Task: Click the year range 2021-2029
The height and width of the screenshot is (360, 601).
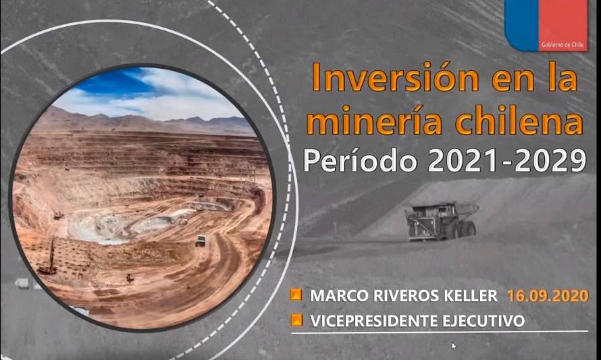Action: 506,160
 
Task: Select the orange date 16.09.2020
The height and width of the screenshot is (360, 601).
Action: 548,296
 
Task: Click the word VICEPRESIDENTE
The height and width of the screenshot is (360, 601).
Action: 374,321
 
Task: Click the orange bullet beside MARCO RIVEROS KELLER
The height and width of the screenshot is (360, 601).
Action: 296,295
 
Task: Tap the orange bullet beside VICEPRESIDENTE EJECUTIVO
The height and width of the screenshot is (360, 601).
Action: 296,319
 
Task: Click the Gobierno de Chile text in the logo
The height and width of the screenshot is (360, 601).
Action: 563,45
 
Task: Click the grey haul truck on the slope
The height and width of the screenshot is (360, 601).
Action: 442,222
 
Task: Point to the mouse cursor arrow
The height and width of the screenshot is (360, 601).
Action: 454,346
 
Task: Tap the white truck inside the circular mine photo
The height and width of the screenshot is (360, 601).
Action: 201,240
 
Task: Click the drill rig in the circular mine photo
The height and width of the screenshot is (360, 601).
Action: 48,257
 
